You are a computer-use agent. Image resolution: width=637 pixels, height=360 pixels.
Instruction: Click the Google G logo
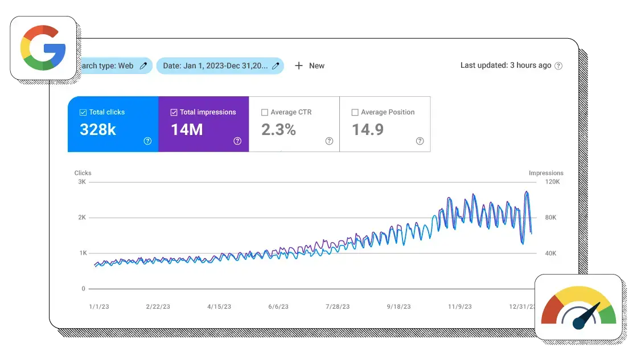point(43,48)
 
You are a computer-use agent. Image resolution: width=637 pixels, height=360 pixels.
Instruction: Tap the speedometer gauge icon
point(578,308)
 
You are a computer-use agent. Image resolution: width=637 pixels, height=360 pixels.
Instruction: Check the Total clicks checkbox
point(84,112)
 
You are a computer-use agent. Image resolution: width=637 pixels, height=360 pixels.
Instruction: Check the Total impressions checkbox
point(174,112)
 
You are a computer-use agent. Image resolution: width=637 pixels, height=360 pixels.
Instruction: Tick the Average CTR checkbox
point(265,112)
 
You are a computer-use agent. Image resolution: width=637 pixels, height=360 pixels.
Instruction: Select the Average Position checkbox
point(355,112)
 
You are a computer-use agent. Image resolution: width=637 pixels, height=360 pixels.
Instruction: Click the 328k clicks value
point(98,130)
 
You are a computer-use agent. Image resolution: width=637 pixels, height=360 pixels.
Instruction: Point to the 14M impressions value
point(187,130)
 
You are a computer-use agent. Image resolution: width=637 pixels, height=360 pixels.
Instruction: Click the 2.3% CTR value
point(278,130)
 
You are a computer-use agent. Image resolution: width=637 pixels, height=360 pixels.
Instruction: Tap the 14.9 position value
point(368,130)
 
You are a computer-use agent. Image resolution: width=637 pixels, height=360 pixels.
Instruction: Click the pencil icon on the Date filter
point(276,66)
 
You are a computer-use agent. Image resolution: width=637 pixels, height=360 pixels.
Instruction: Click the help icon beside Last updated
point(558,66)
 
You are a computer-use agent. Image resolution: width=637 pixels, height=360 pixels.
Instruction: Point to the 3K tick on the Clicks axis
point(81,182)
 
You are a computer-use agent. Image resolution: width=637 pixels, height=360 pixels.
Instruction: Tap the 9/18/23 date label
point(398,306)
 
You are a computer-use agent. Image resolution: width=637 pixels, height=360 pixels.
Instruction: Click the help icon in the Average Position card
point(420,141)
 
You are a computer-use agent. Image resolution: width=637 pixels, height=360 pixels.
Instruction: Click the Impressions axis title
point(546,173)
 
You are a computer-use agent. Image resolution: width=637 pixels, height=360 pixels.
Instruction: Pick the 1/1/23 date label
point(99,306)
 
